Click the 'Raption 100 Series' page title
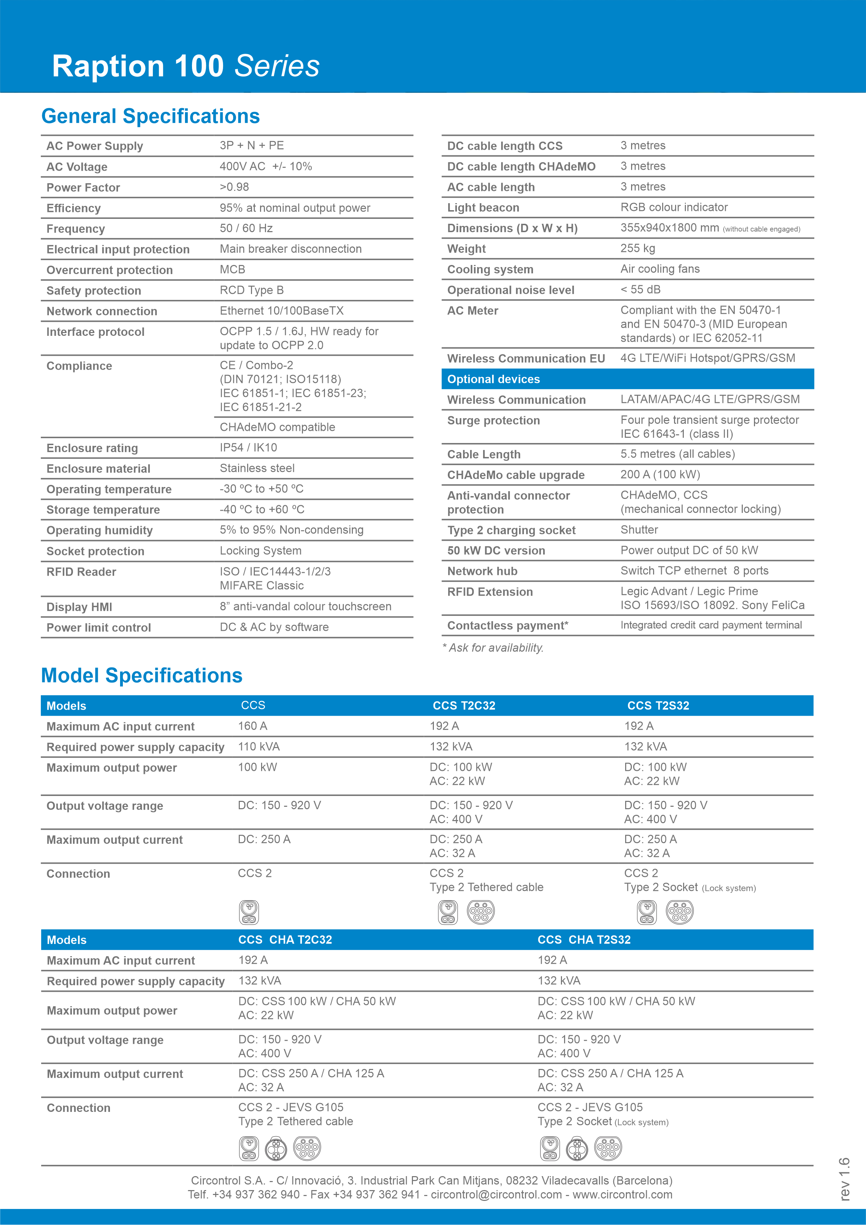point(186,66)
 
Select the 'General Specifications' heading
point(150,116)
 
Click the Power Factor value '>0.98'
point(234,187)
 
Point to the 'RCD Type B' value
point(251,290)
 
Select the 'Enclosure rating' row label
point(92,448)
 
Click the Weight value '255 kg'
point(638,249)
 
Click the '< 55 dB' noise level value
point(640,290)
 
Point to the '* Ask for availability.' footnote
point(493,648)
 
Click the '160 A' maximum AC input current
point(252,726)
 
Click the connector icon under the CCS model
point(249,912)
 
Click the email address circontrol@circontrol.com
point(496,1195)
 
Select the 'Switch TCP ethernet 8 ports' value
point(694,571)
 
